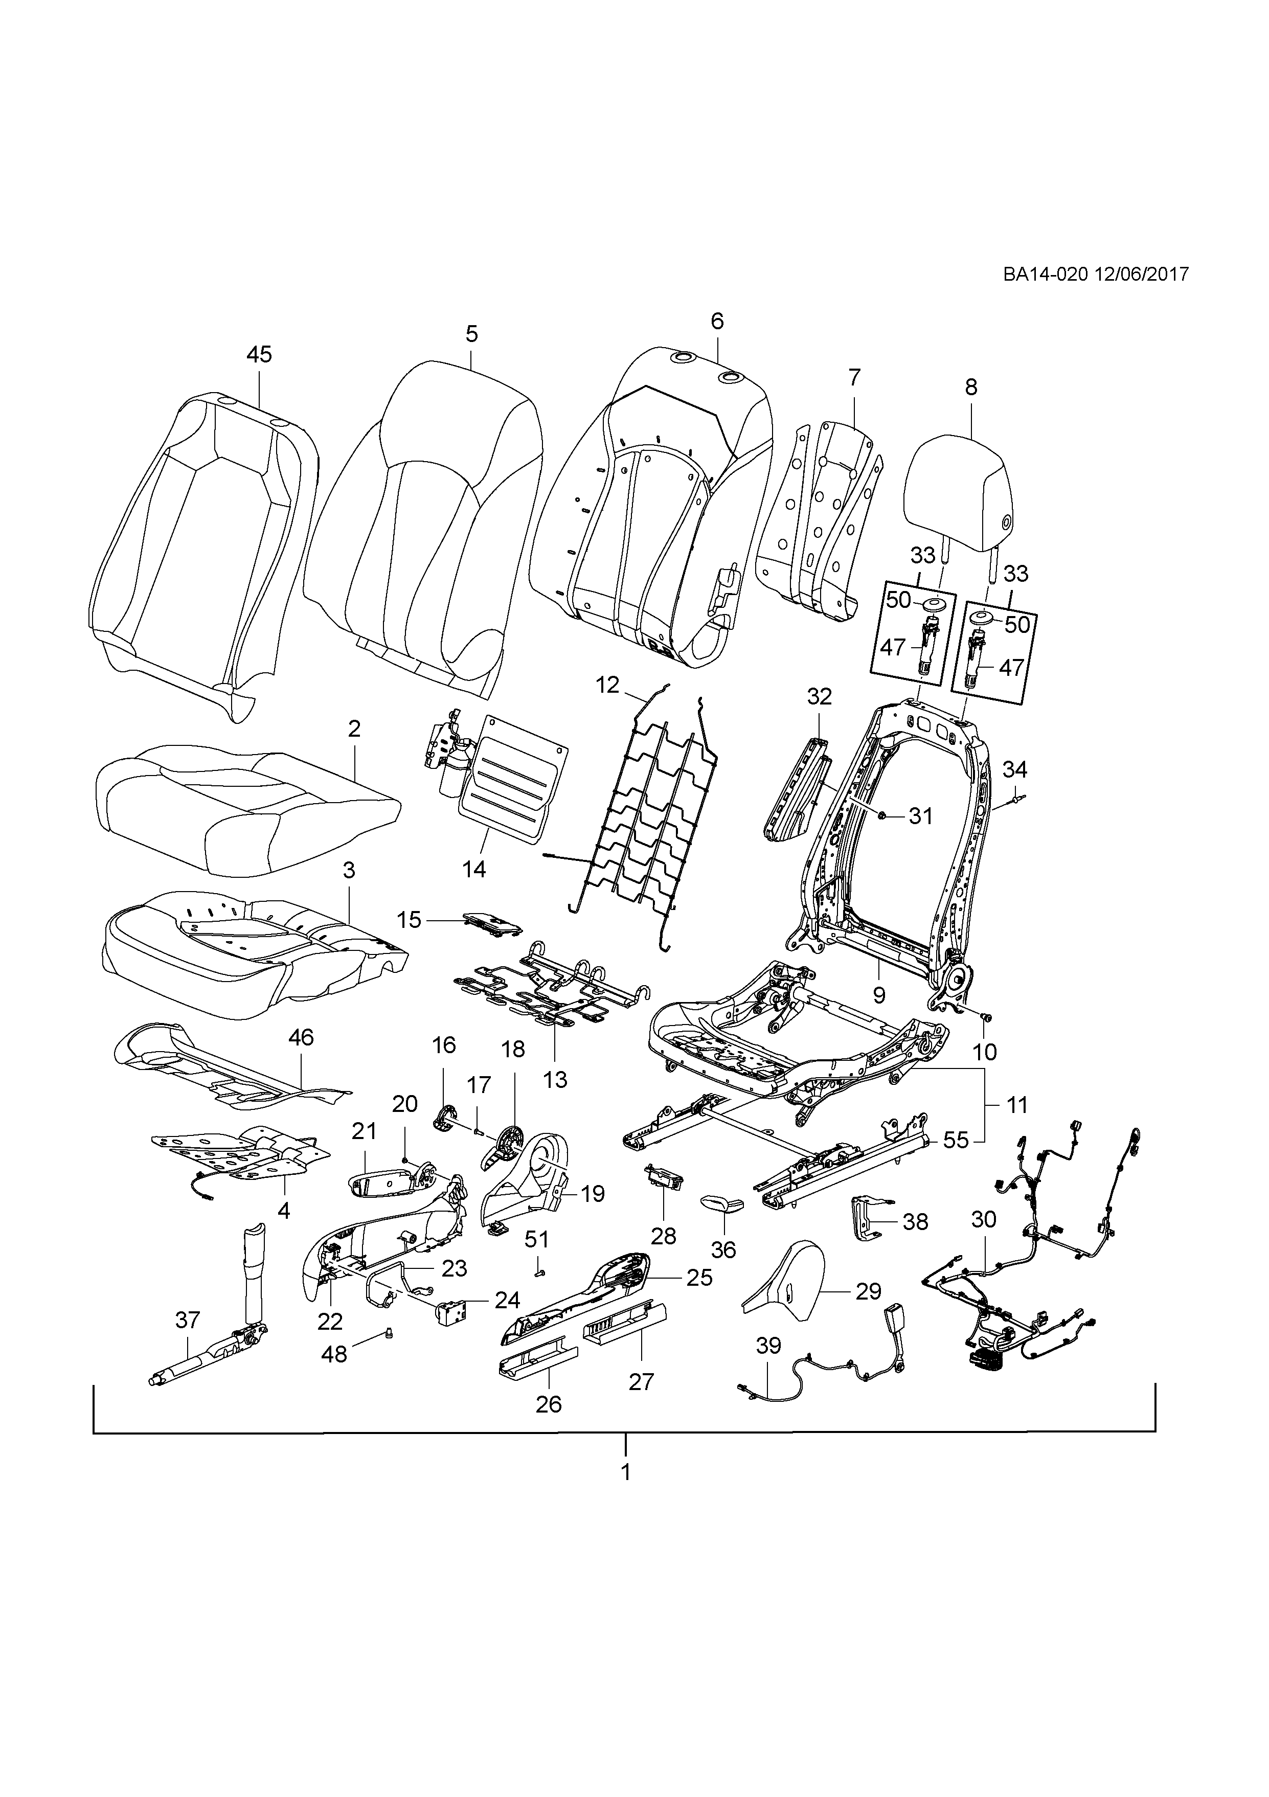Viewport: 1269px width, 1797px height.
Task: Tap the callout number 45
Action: pos(259,355)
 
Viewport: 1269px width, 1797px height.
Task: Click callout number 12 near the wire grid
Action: pos(607,686)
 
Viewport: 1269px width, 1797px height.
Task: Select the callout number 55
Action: pos(956,1141)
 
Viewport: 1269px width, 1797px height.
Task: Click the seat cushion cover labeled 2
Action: pos(246,808)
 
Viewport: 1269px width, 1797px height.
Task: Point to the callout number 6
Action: pos(717,321)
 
